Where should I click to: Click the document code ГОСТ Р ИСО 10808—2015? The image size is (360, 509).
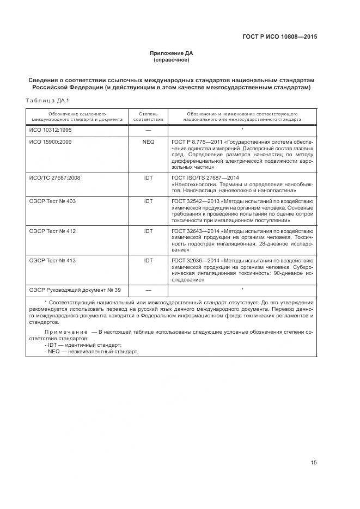[279, 37]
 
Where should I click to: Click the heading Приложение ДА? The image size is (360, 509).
[172, 53]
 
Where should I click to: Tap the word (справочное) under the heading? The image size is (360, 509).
[172, 59]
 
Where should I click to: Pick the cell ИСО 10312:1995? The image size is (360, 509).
[50, 131]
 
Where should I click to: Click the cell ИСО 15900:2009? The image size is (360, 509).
[50, 142]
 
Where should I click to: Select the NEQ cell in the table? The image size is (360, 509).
[148, 142]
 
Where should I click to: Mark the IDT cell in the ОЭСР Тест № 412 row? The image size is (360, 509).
[148, 231]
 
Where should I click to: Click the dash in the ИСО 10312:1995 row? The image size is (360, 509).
[148, 131]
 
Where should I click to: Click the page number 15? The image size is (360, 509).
[313, 463]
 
